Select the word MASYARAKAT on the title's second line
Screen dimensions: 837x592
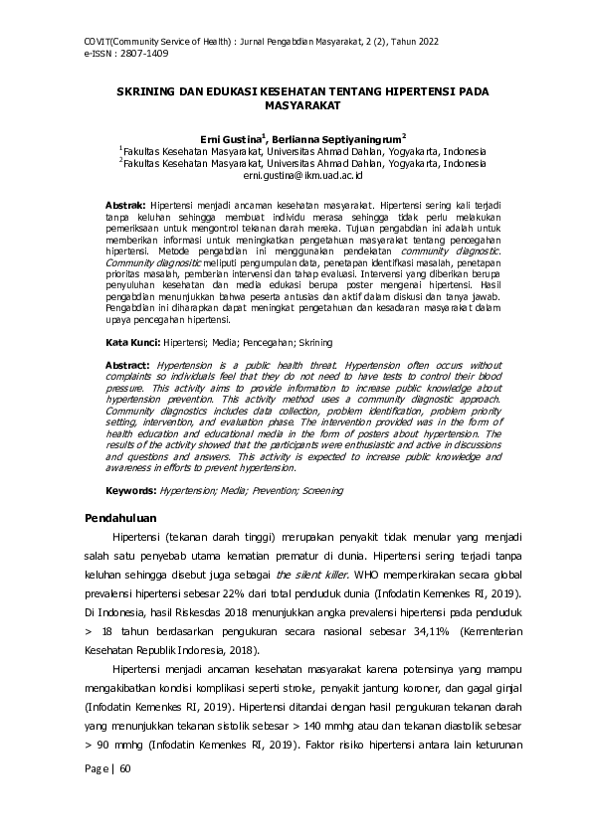(x=296, y=103)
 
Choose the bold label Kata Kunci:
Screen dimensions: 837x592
(x=132, y=341)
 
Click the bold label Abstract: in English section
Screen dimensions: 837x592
(x=129, y=365)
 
